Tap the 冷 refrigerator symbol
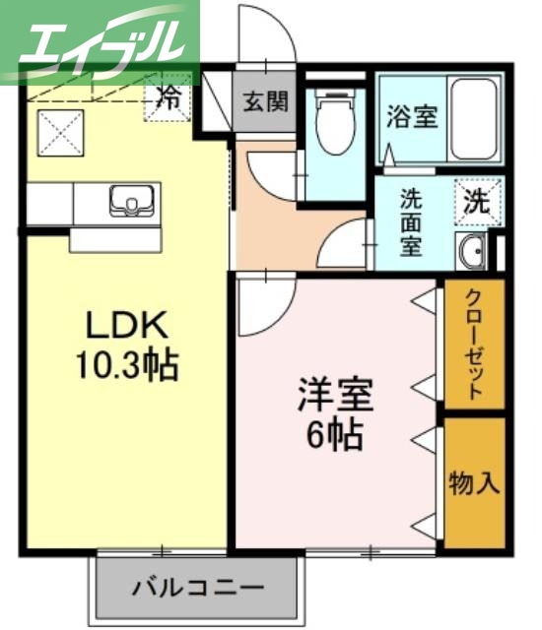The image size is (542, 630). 169,98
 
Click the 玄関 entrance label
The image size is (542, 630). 265,101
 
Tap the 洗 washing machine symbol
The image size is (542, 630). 477,204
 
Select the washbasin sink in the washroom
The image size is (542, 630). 470,251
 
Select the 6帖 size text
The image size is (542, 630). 334,433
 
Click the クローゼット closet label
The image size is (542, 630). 474,344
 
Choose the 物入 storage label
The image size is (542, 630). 474,483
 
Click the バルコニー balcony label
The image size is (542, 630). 198,588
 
